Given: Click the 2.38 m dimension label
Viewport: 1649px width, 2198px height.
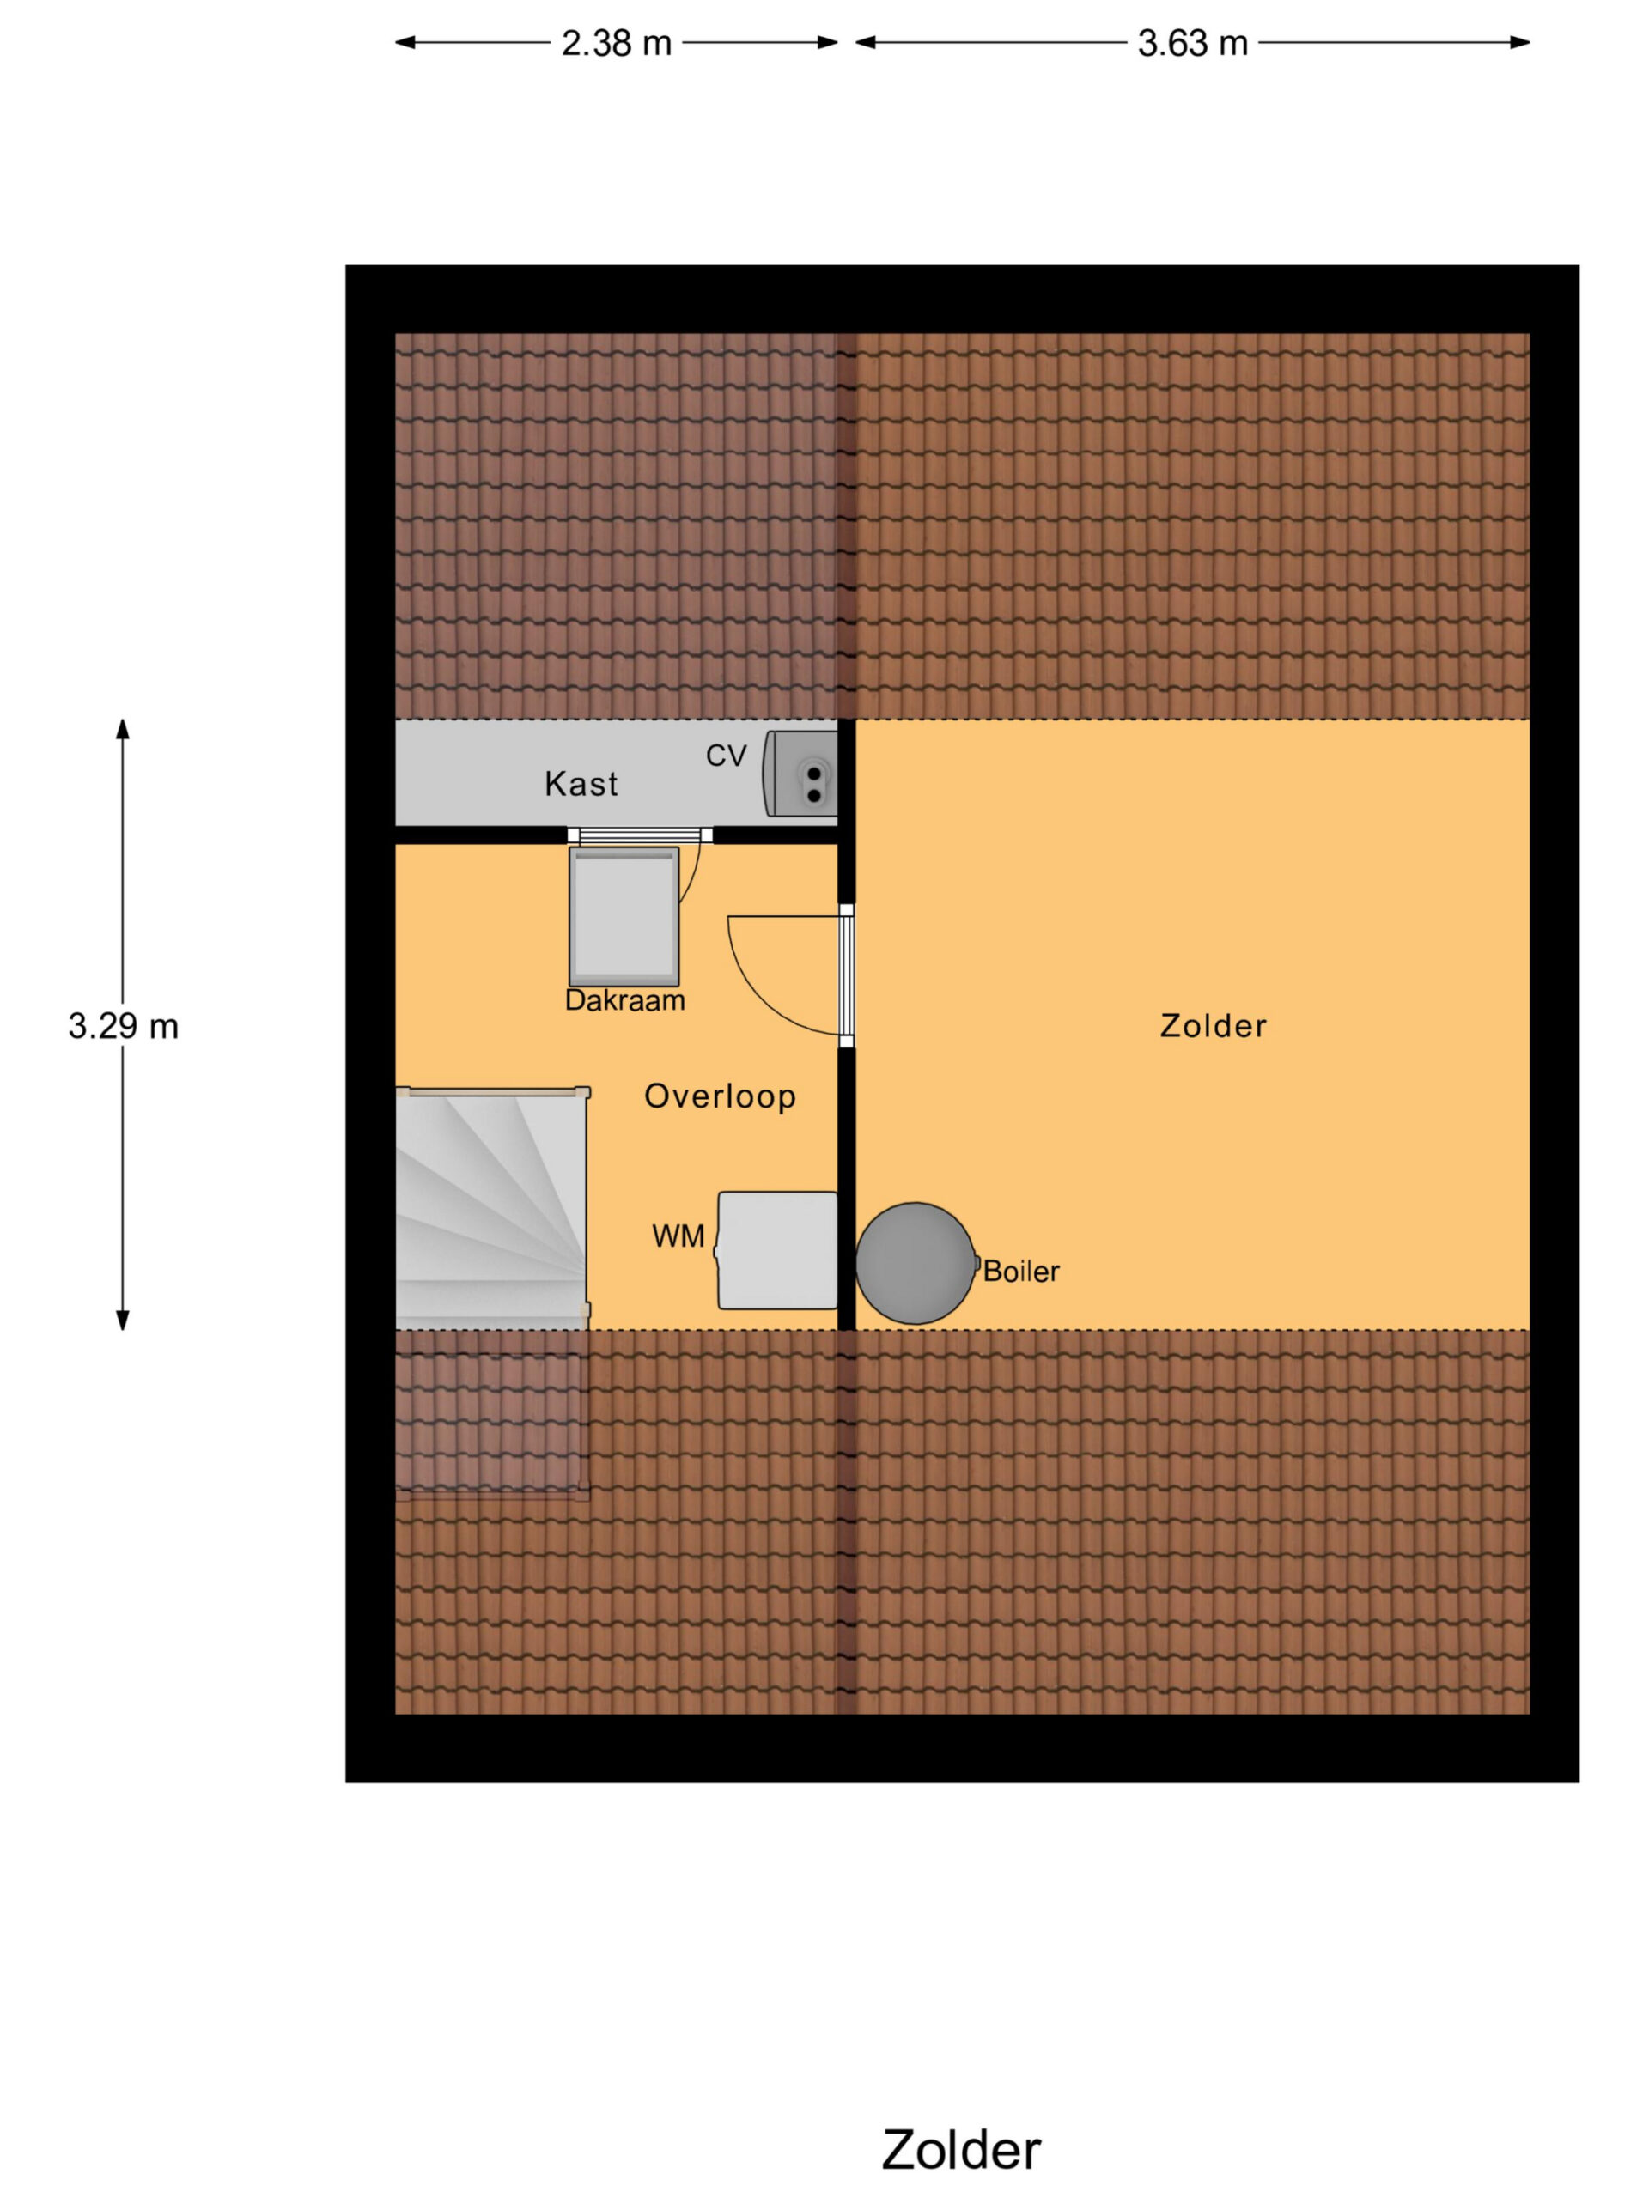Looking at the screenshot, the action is (617, 44).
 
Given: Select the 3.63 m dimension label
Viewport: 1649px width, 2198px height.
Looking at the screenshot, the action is (1192, 44).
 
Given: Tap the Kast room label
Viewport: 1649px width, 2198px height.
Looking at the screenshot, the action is (581, 784).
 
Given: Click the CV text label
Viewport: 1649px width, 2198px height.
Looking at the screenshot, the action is (726, 756).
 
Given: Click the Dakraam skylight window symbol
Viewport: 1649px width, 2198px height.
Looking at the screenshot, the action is (624, 916).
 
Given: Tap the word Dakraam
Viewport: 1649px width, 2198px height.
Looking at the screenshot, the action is (625, 999).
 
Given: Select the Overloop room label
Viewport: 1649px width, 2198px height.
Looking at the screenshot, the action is (720, 1096).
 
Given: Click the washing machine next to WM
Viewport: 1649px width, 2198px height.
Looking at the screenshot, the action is (777, 1250).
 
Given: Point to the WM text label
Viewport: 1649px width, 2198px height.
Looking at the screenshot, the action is (678, 1236).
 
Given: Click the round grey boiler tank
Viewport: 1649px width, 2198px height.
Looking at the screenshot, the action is (916, 1263).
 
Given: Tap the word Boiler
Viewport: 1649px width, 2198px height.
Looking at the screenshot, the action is (1021, 1271).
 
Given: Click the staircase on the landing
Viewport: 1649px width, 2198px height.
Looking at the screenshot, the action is (493, 1207).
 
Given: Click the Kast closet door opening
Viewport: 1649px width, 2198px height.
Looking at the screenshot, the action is (640, 835).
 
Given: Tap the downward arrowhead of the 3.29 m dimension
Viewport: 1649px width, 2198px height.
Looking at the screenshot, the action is (124, 1321).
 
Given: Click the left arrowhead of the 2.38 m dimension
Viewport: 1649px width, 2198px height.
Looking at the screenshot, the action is (405, 42).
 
